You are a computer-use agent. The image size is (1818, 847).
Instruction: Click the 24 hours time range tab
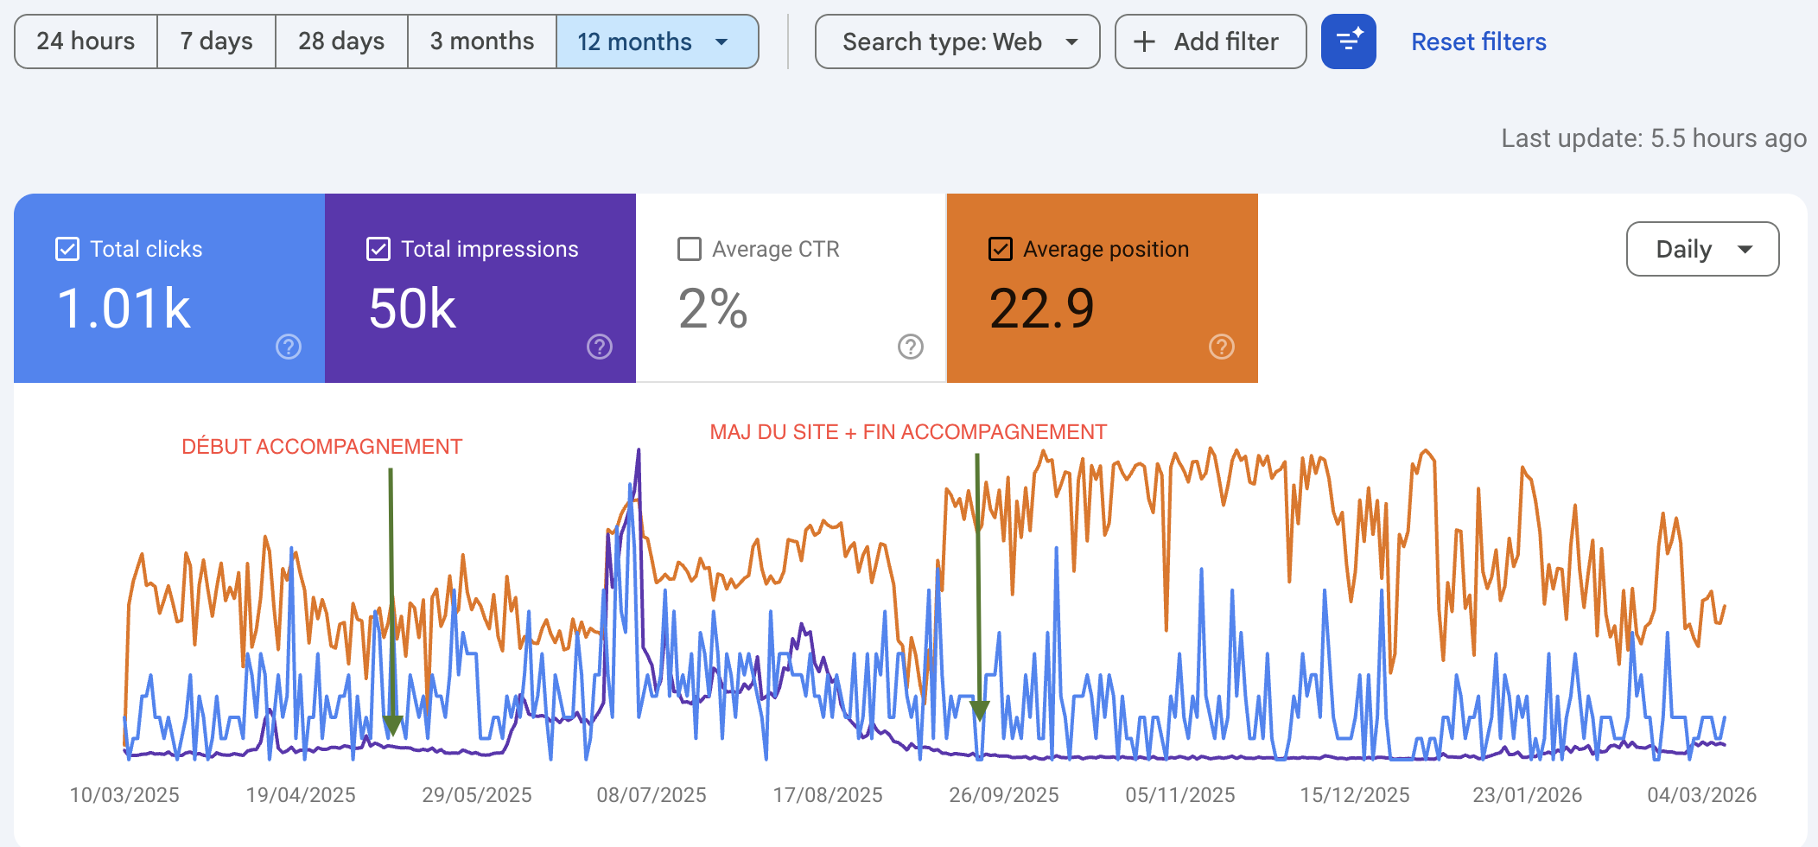click(86, 41)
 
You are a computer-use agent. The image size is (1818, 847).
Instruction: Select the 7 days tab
click(216, 41)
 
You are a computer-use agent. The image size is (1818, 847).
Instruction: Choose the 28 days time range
click(341, 41)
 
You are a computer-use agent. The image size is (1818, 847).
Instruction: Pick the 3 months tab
click(482, 41)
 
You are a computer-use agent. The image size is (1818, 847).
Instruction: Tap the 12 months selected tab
click(657, 41)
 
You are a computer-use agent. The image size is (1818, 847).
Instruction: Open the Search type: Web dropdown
click(957, 41)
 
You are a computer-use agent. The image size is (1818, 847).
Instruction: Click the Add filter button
click(1211, 41)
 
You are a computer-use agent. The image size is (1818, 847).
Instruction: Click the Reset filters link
click(1478, 41)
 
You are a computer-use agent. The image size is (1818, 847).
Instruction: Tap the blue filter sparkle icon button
click(1349, 41)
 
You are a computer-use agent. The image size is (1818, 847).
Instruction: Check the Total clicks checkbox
click(67, 249)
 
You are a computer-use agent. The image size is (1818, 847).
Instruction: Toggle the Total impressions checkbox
click(378, 249)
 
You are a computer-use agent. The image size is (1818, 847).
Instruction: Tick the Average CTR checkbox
click(690, 249)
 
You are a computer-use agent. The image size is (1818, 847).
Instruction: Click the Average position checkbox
click(1001, 249)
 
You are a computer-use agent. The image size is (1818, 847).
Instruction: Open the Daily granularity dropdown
click(1702, 249)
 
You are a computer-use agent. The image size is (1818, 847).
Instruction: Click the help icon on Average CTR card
click(911, 347)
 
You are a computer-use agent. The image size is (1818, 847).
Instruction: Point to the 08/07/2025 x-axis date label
click(652, 795)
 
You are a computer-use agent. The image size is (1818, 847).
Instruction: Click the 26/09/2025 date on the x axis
click(1004, 795)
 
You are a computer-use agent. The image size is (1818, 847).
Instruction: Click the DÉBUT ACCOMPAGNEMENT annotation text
click(322, 447)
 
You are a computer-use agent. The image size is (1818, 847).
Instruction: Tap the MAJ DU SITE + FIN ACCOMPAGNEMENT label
click(908, 432)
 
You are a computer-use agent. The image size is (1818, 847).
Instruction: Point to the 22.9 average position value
click(1042, 309)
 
